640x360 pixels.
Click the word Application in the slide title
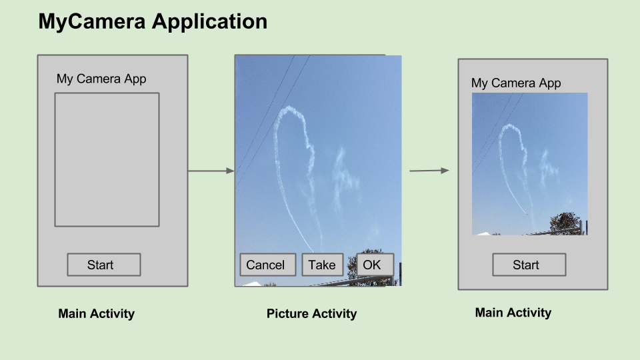(x=209, y=22)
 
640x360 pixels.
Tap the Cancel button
(x=265, y=265)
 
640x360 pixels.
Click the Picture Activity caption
(x=311, y=313)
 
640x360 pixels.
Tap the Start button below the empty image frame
(x=103, y=265)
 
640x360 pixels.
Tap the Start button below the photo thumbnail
(x=529, y=265)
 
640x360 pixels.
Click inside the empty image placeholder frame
(x=107, y=160)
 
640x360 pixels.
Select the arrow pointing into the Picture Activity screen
(x=211, y=171)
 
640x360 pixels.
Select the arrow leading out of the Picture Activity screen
(x=429, y=171)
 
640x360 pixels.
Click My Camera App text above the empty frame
(x=101, y=79)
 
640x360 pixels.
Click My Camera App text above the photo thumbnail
(x=516, y=83)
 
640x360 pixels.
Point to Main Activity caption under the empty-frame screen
(x=97, y=313)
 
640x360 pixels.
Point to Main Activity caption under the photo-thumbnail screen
(x=513, y=312)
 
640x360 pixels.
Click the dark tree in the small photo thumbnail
(x=565, y=222)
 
